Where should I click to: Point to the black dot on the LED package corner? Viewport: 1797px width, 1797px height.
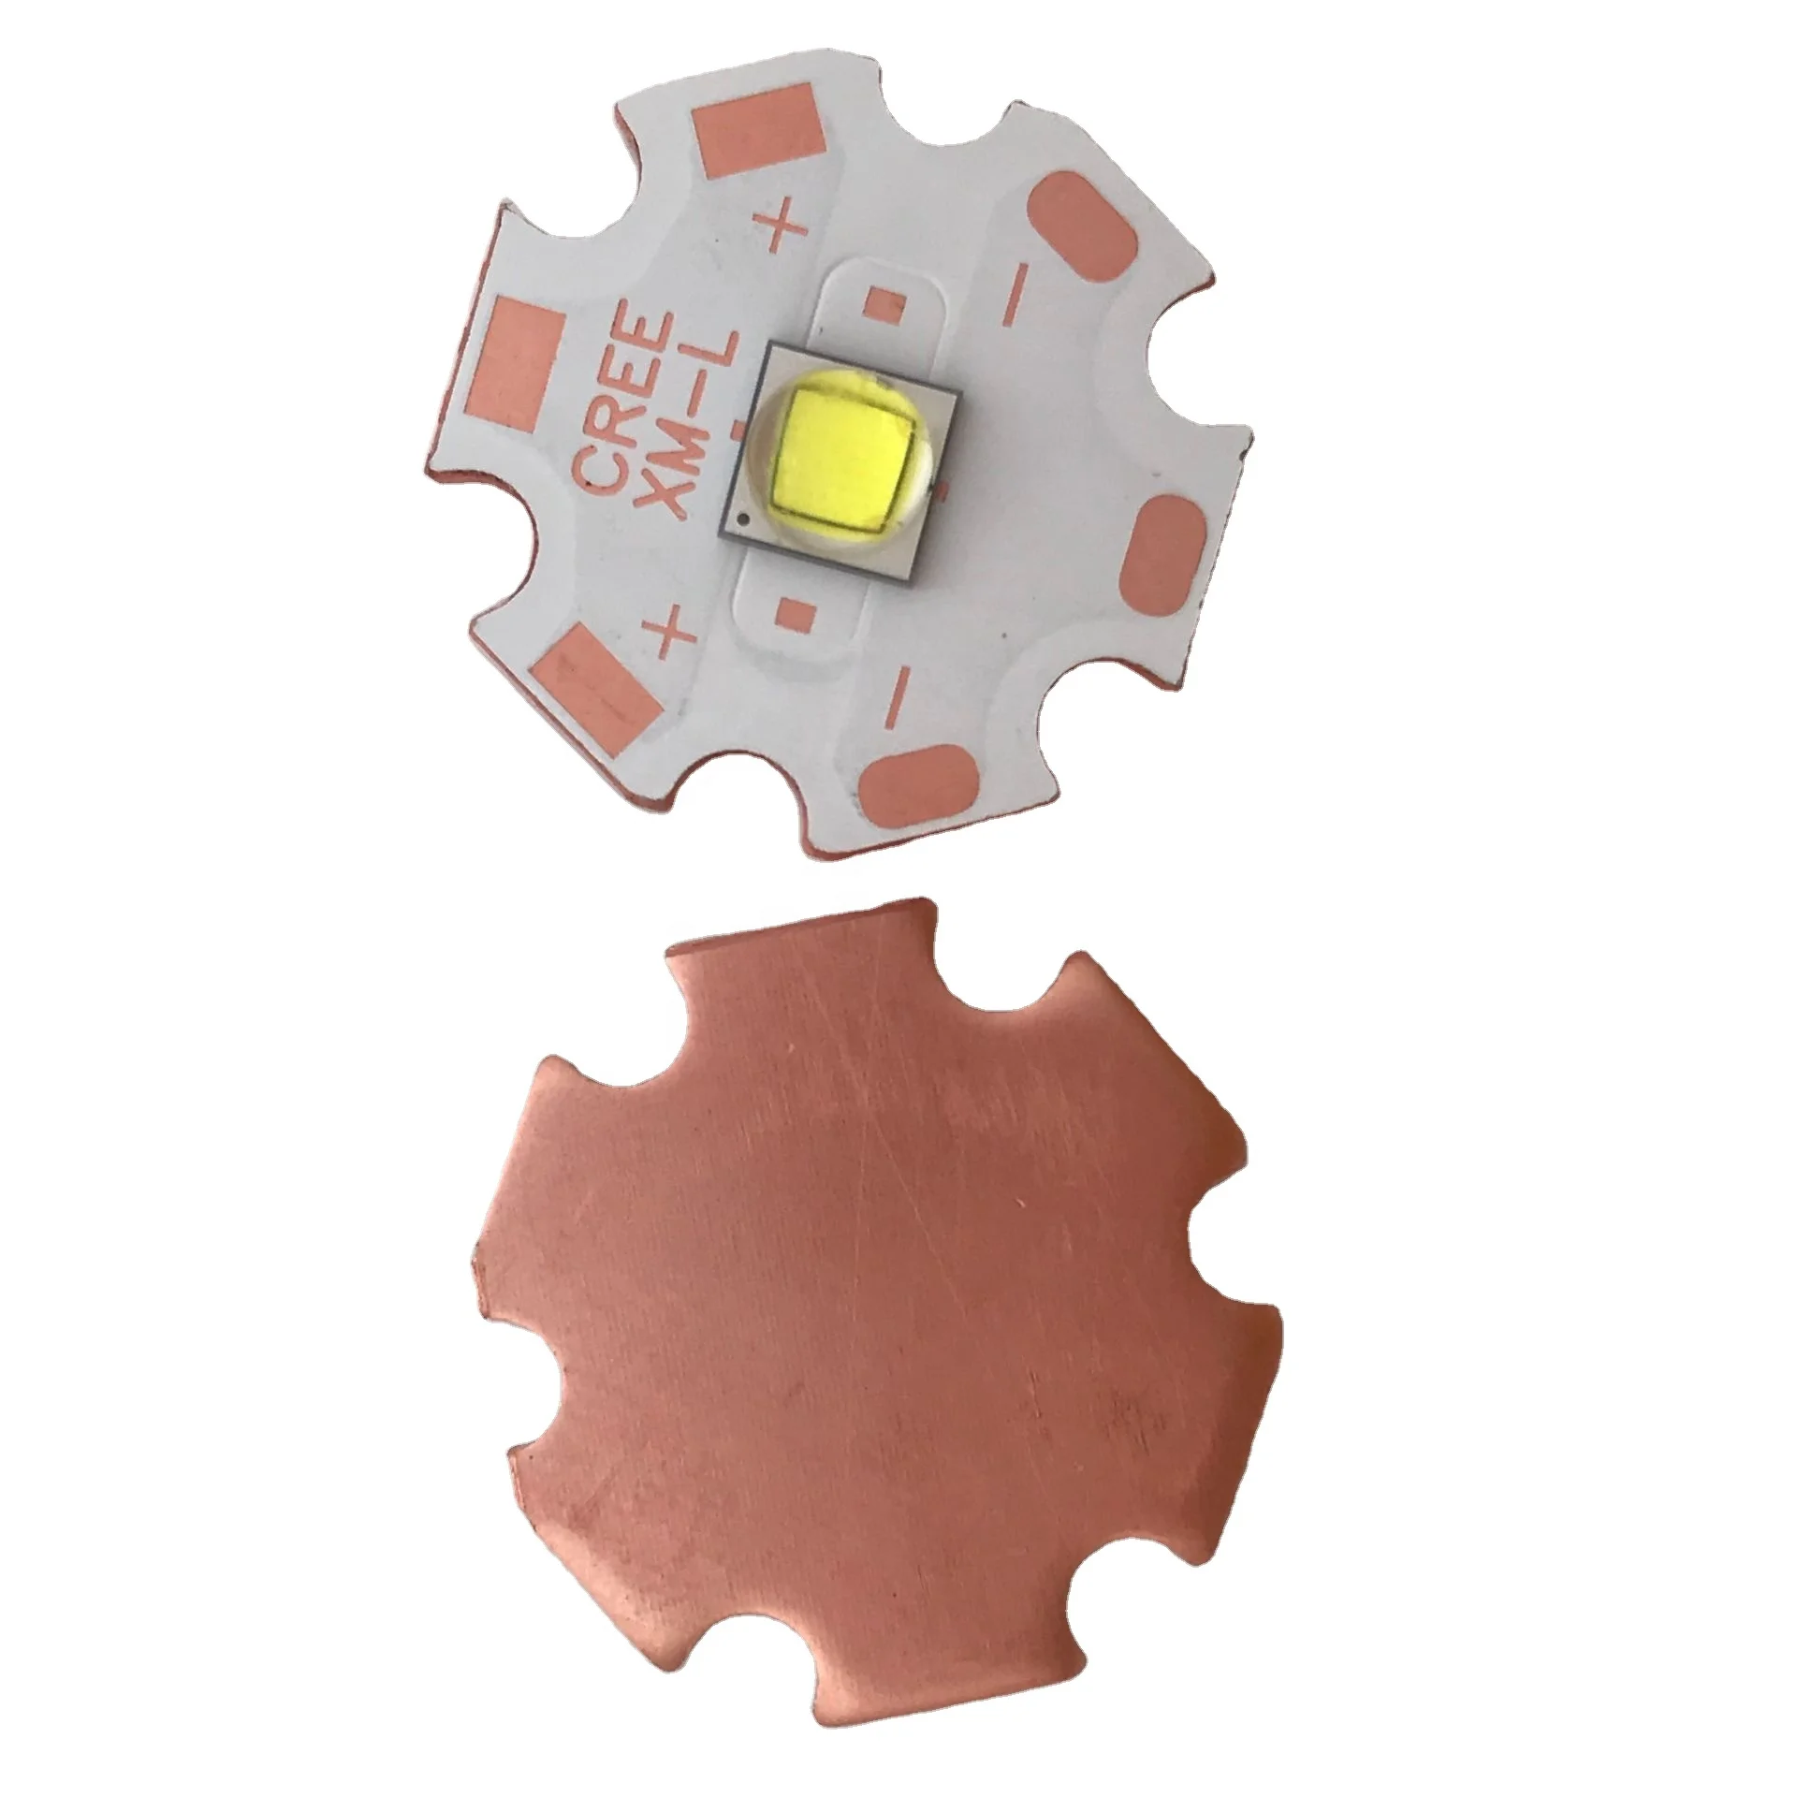pyautogui.click(x=742, y=518)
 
